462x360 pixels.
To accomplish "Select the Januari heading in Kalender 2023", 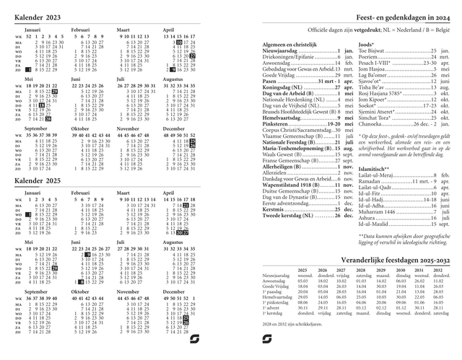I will tap(33, 30).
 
